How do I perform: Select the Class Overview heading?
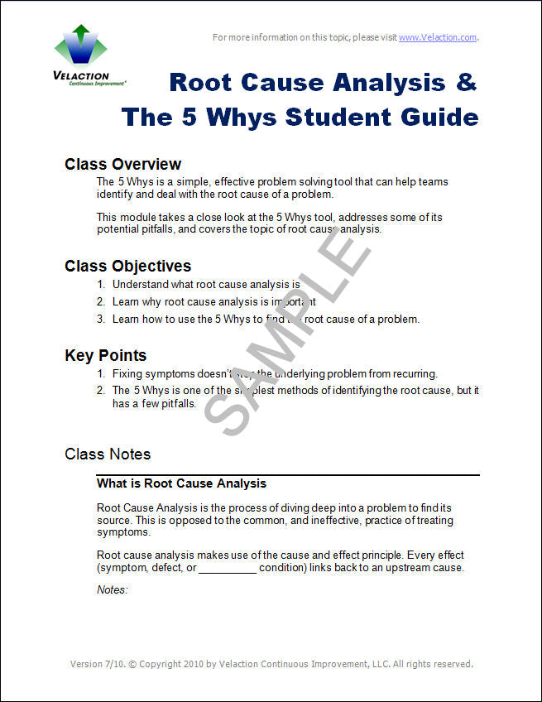(x=122, y=164)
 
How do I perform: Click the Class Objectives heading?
(x=127, y=266)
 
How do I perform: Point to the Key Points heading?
(x=105, y=355)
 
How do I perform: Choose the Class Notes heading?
(x=108, y=454)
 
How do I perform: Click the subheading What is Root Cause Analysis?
(x=181, y=483)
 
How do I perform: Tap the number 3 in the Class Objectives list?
(x=100, y=319)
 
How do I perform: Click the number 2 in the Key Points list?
(x=100, y=390)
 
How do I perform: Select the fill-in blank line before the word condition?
(x=227, y=569)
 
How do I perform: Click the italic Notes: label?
(x=113, y=589)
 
